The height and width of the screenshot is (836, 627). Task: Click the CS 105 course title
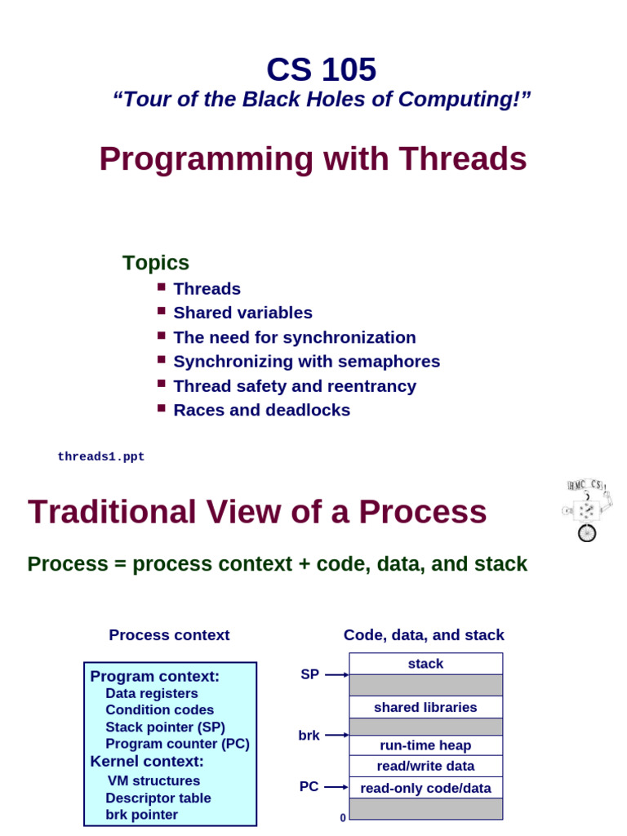[322, 70]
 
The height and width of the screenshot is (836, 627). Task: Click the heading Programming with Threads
[313, 159]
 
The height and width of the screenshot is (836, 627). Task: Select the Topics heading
[156, 263]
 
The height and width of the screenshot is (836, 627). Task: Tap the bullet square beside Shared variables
[162, 311]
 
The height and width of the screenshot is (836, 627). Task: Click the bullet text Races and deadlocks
[261, 410]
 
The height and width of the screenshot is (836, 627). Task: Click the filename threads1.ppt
[101, 457]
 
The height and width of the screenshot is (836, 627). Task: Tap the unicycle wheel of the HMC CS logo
[586, 533]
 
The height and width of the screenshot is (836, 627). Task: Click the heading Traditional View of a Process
[257, 513]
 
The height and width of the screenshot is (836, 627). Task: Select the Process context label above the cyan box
[169, 635]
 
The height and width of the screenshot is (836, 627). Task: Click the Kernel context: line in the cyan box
[147, 762]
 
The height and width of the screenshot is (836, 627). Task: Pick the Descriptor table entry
[158, 798]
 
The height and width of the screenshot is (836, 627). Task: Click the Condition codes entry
[160, 710]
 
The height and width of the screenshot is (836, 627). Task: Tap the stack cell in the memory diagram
[425, 664]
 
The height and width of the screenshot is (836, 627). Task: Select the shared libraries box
[425, 707]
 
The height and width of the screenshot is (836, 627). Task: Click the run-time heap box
[425, 745]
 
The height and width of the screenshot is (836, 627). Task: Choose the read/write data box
[425, 766]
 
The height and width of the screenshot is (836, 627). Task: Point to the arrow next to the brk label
[336, 736]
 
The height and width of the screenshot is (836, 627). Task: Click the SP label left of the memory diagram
[309, 674]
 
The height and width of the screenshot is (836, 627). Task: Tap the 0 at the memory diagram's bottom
[343, 817]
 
